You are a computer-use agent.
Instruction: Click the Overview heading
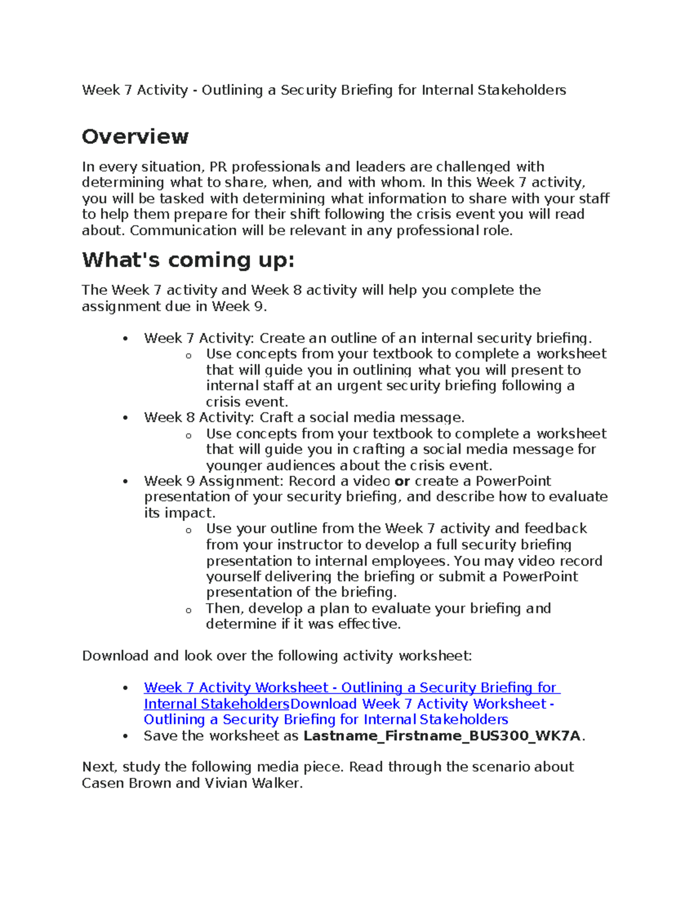click(x=135, y=137)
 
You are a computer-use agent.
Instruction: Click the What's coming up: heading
click(x=188, y=260)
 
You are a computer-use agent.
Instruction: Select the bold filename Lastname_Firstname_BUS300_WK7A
click(x=442, y=736)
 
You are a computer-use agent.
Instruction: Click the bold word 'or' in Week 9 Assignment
click(x=402, y=481)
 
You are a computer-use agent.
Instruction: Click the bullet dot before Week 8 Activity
click(x=125, y=418)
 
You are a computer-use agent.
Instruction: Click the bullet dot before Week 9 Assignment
click(x=125, y=482)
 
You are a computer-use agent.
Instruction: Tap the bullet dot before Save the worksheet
click(x=125, y=737)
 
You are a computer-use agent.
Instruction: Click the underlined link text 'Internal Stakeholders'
click(x=216, y=704)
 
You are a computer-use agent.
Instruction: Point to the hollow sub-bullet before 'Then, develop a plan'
click(x=189, y=609)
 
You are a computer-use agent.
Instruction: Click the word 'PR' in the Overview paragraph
click(x=218, y=167)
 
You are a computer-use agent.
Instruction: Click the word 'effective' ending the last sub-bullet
click(x=368, y=624)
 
